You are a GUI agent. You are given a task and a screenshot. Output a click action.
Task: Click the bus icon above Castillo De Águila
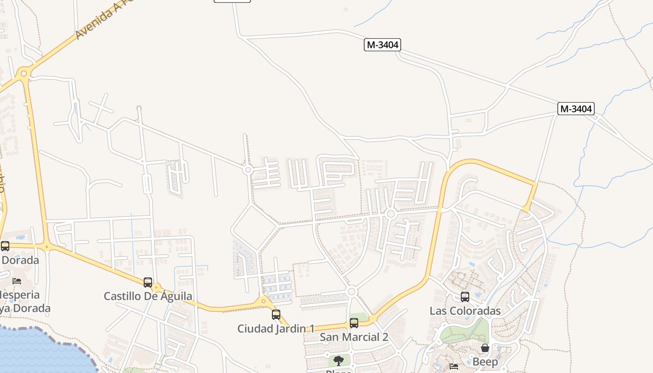click(x=148, y=282)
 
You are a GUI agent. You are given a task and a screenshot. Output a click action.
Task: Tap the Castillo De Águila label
click(x=148, y=296)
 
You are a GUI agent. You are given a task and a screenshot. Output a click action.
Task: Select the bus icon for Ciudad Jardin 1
click(x=276, y=315)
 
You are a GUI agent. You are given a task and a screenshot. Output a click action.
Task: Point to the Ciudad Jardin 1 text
click(x=276, y=329)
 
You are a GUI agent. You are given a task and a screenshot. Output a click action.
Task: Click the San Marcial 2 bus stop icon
click(x=354, y=323)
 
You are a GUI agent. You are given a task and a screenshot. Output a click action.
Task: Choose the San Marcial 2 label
click(x=354, y=337)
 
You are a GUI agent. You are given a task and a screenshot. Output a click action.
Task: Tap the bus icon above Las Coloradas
click(x=465, y=297)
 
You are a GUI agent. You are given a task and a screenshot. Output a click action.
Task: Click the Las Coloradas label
click(x=465, y=311)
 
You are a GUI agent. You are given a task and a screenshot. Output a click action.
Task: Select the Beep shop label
click(x=485, y=362)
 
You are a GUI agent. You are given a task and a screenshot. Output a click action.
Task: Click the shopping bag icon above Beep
click(x=485, y=348)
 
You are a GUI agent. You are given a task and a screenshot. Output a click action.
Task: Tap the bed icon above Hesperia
click(x=17, y=281)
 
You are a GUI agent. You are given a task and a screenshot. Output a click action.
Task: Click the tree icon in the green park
click(x=339, y=360)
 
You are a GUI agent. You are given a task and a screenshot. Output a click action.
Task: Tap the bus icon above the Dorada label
click(x=5, y=246)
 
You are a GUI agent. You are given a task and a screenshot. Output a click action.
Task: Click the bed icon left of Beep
click(x=454, y=366)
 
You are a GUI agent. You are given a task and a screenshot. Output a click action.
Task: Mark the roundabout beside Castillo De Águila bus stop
click(x=157, y=288)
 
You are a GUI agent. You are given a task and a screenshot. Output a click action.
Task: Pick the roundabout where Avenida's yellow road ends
click(x=23, y=73)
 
